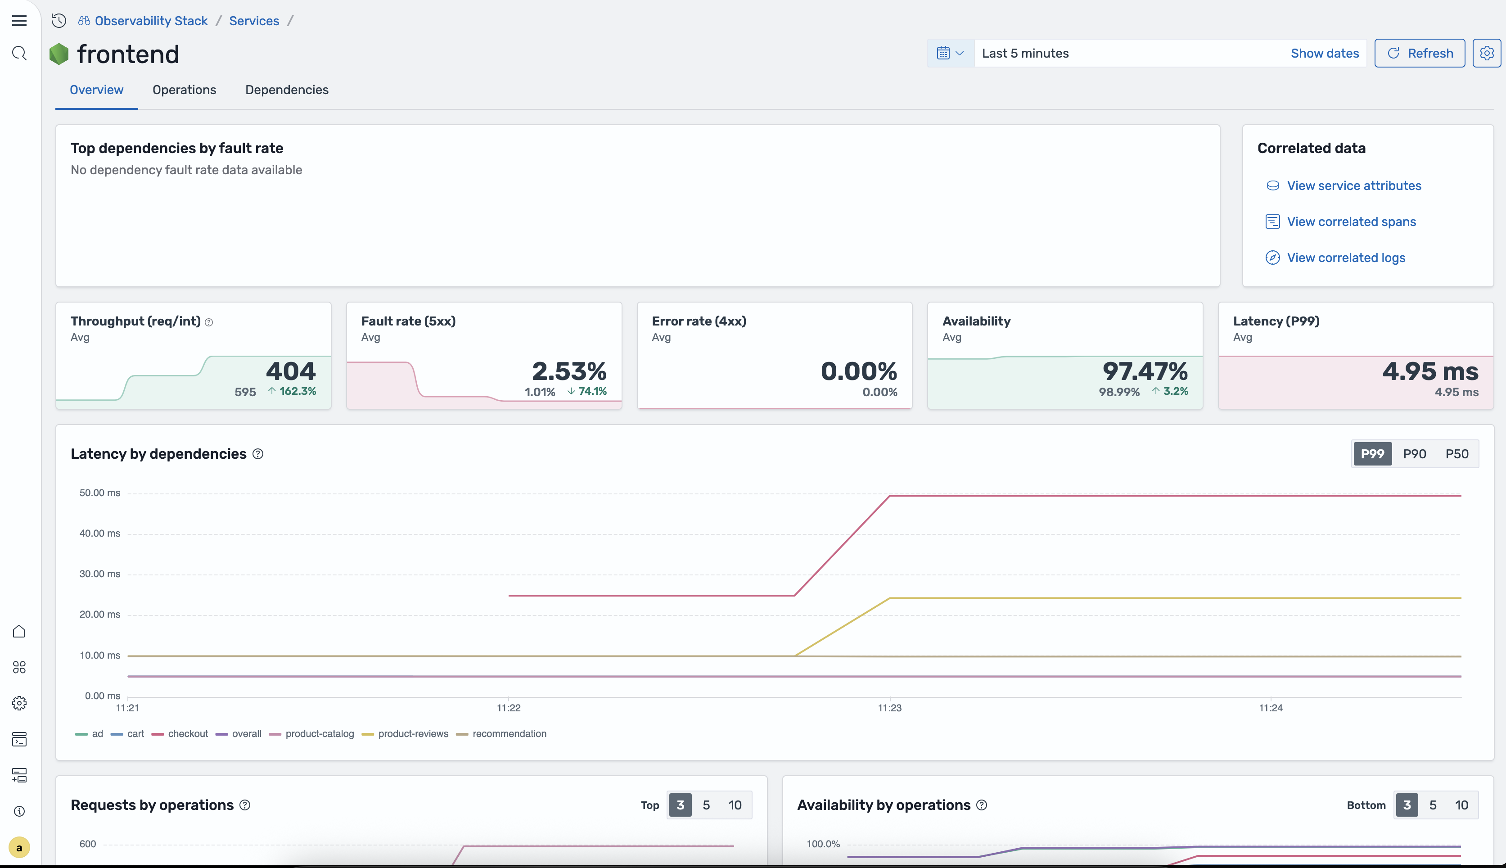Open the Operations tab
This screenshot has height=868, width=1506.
tap(184, 90)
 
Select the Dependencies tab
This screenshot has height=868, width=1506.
tap(287, 90)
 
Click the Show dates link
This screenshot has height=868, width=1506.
tap(1324, 53)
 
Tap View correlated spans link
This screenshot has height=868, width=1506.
tap(1351, 222)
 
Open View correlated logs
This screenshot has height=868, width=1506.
tap(1346, 258)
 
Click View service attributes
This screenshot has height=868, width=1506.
tap(1353, 185)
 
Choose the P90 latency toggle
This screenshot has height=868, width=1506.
tap(1414, 454)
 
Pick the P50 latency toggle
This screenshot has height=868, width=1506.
tap(1456, 454)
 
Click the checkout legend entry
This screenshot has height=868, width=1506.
tap(187, 733)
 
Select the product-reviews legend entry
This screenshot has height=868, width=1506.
tap(412, 733)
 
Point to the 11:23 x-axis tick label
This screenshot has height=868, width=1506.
tap(889, 708)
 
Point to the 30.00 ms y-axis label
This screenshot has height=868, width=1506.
tap(99, 574)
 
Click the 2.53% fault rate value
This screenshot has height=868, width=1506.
tap(568, 371)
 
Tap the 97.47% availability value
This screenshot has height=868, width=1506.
tap(1144, 371)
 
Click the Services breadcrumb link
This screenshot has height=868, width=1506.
tap(254, 21)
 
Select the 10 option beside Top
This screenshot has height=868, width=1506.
tap(734, 805)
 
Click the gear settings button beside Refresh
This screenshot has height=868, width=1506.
tap(1486, 53)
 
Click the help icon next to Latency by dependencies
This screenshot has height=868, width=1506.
tap(258, 454)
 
